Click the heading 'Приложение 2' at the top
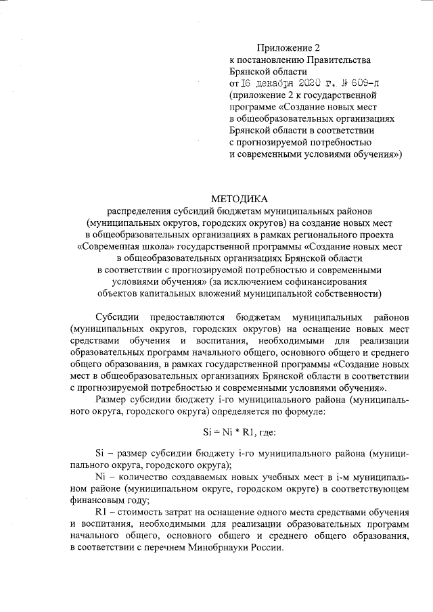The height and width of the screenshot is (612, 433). (286, 47)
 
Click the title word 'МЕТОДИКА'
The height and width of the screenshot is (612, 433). (240, 199)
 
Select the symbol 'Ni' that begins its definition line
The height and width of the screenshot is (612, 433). (102, 478)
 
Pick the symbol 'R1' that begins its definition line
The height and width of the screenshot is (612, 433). (102, 515)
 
